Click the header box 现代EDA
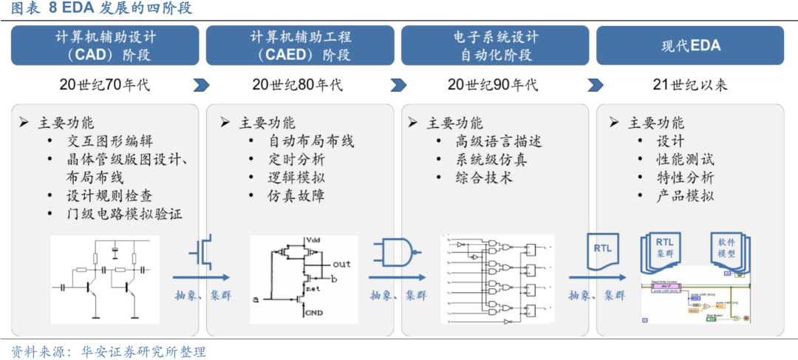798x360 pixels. [x=691, y=46]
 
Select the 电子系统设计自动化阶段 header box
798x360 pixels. [x=495, y=46]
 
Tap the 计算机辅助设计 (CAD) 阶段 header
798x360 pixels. [x=105, y=46]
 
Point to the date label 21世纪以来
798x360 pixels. [x=690, y=85]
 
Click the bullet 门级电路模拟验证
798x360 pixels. [x=123, y=214]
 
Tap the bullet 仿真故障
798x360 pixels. [x=296, y=196]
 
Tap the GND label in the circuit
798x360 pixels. [x=316, y=313]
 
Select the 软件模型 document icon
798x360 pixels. [x=727, y=252]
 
